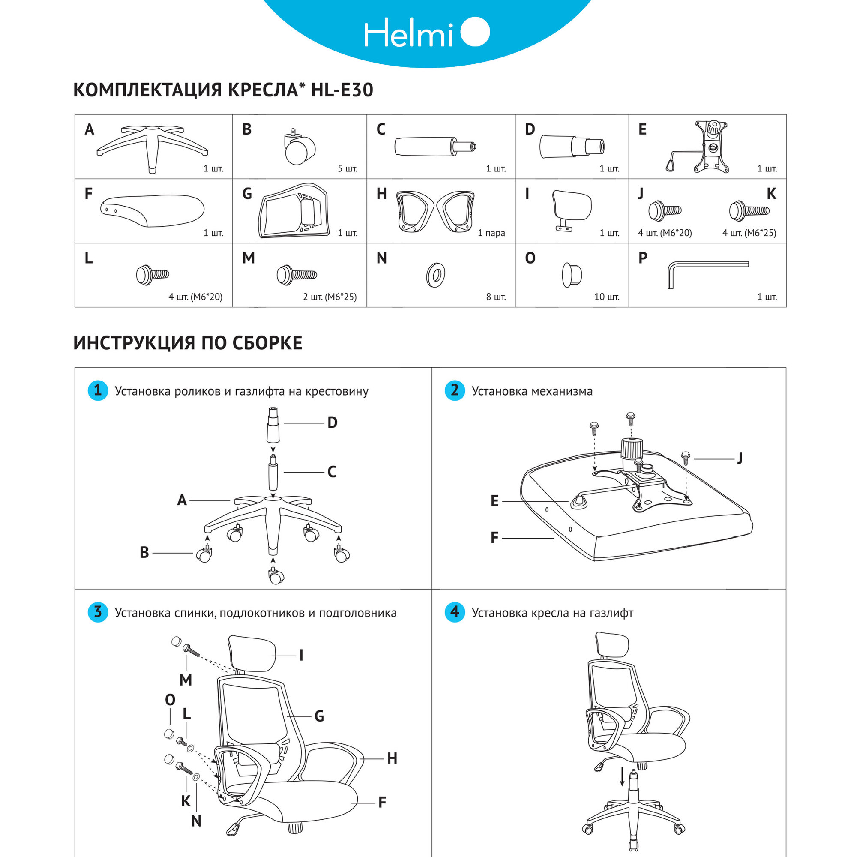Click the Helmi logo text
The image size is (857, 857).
click(x=408, y=33)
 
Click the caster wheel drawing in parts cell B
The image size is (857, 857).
click(x=298, y=150)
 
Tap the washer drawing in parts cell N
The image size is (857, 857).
click(x=436, y=275)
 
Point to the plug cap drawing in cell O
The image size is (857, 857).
click(x=571, y=275)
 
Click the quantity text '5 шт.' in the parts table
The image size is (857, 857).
click(x=348, y=169)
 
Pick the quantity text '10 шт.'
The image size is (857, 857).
click(x=606, y=297)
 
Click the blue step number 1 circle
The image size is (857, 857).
click(x=98, y=390)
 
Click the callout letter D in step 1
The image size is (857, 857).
click(x=332, y=423)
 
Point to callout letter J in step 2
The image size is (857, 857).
click(x=740, y=458)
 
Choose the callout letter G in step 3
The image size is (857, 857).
click(x=319, y=716)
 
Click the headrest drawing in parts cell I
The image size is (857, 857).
click(x=571, y=209)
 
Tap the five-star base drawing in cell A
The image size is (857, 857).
click(x=152, y=147)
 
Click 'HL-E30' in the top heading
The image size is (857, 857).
click(x=342, y=90)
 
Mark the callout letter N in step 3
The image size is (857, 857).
click(x=196, y=821)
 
